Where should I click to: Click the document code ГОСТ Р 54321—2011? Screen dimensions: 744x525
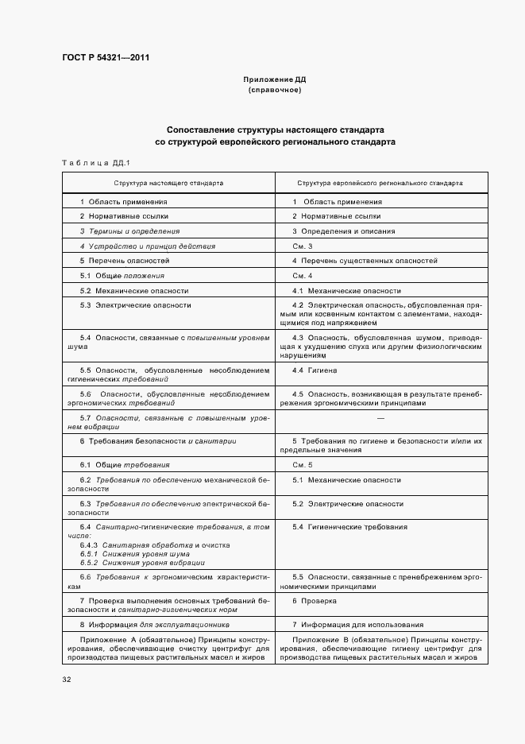click(106, 58)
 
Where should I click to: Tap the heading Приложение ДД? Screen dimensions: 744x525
click(274, 80)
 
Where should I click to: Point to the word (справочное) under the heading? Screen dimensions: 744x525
click(274, 91)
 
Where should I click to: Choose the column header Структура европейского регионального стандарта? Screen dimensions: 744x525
click(380, 183)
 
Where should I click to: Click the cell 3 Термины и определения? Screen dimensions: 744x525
click(129, 231)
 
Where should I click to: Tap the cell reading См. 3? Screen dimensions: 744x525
click(303, 246)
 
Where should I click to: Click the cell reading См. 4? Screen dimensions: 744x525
click(303, 276)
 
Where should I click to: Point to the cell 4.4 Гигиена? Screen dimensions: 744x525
click(315, 370)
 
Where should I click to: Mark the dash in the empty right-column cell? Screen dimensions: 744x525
click(380, 417)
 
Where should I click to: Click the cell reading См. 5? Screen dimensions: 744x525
click(303, 464)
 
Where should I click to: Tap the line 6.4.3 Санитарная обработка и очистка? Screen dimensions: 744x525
click(155, 545)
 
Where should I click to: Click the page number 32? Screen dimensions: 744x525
click(68, 680)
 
